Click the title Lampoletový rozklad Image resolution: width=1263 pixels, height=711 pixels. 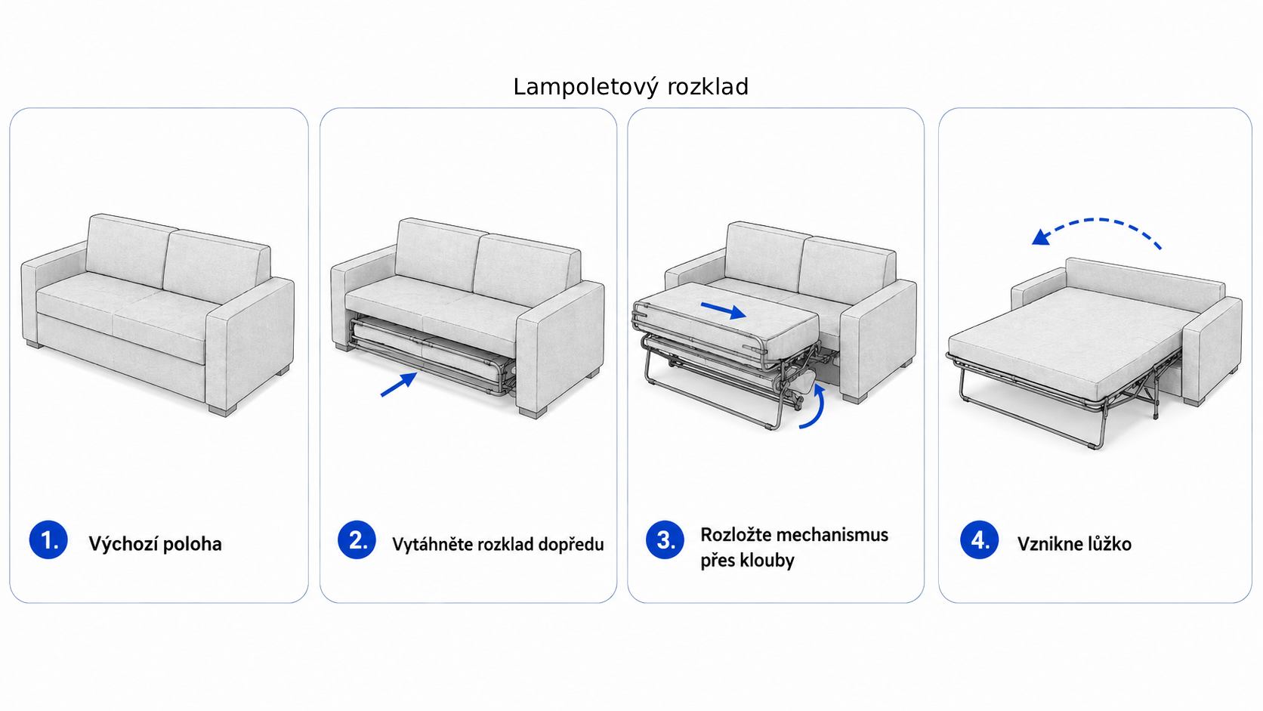(631, 88)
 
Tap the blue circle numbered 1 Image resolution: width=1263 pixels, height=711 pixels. (48, 539)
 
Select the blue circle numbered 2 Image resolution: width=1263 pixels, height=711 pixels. (357, 539)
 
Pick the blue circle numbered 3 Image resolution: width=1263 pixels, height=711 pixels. (665, 539)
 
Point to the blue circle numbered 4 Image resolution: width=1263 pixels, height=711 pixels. (980, 539)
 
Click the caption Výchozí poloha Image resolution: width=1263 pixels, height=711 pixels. (155, 544)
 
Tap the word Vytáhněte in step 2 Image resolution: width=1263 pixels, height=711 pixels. (433, 544)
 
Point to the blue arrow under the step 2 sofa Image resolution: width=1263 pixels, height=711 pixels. (399, 385)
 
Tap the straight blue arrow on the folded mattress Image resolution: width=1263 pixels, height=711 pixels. (724, 310)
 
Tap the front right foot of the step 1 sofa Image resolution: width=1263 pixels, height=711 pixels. (220, 410)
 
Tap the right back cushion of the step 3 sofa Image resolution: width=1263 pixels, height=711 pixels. (846, 270)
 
